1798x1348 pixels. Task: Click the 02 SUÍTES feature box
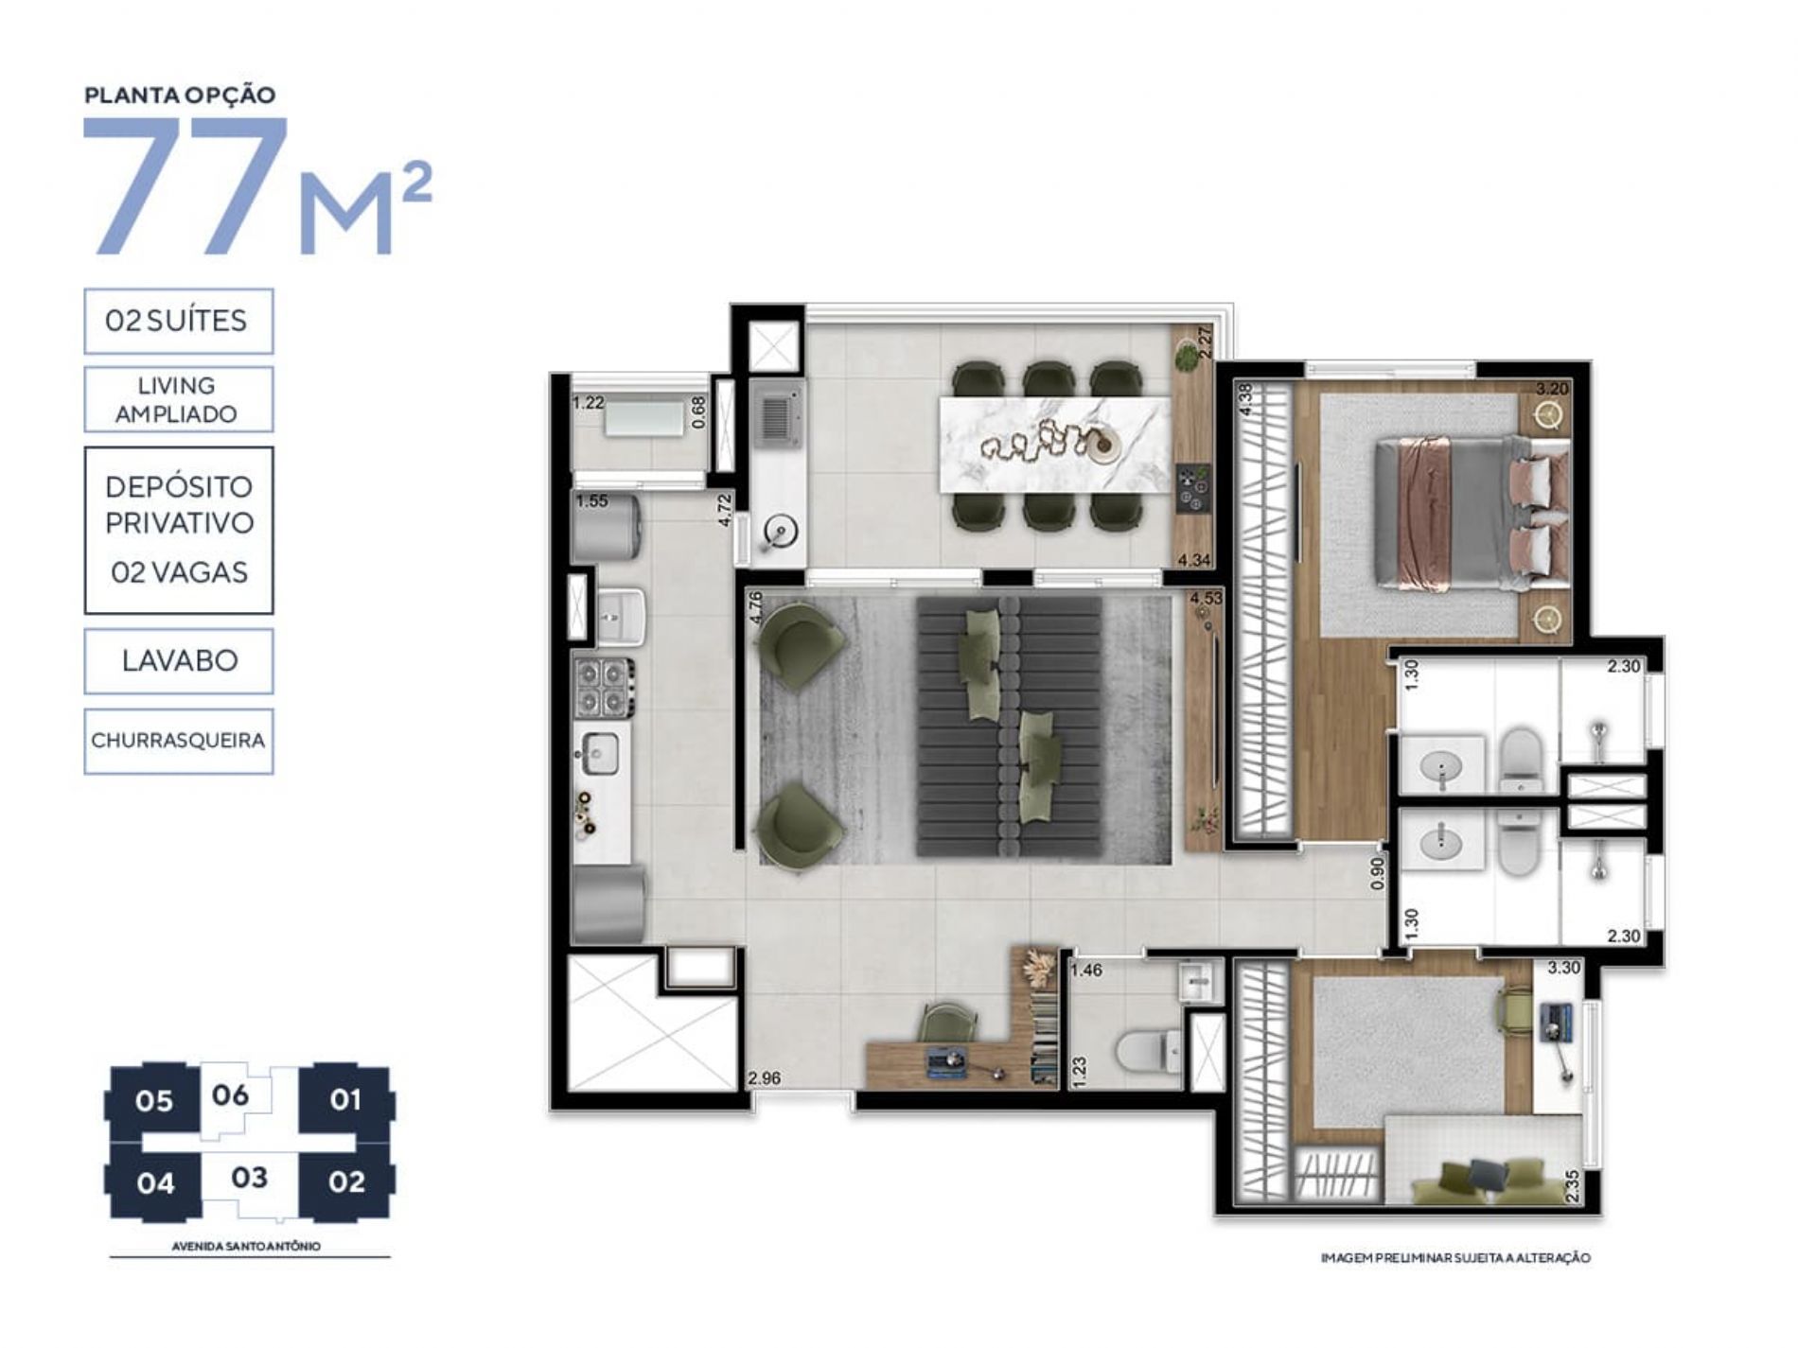tap(178, 322)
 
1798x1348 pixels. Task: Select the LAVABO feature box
tap(178, 661)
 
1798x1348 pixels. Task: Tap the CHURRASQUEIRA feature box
tap(178, 741)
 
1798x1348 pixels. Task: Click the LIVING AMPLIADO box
tap(178, 399)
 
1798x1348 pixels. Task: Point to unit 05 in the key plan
tap(153, 1101)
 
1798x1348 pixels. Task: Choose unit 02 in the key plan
tap(346, 1182)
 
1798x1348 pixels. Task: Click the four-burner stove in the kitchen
tap(604, 688)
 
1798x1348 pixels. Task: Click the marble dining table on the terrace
tap(1054, 443)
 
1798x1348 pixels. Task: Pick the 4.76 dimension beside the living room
tap(755, 607)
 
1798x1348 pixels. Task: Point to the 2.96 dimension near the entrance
tap(765, 1077)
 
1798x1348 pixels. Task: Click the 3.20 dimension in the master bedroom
tap(1552, 389)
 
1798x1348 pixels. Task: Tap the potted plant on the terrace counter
tap(1187, 358)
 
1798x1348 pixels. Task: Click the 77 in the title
tap(186, 185)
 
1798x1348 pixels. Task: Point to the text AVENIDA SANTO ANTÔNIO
tap(246, 1246)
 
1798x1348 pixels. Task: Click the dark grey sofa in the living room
tap(1010, 727)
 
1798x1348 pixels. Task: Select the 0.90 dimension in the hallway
tap(1378, 872)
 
